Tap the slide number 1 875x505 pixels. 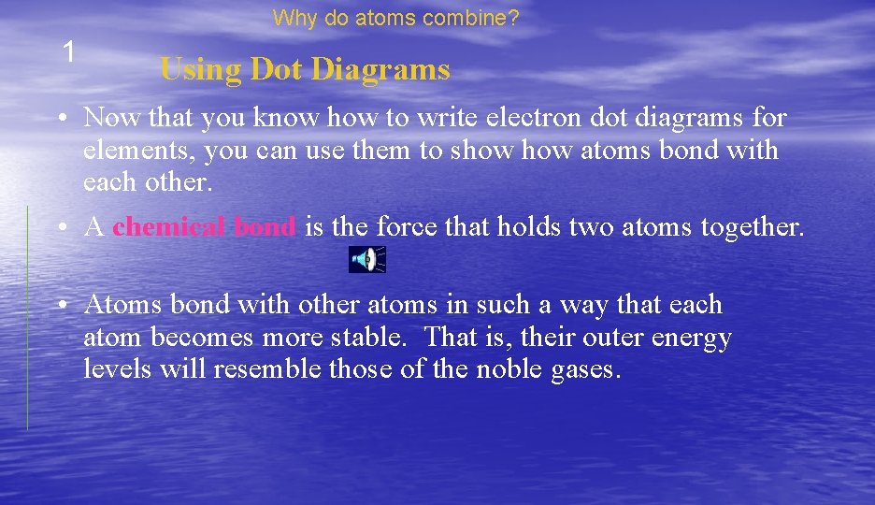pos(67,52)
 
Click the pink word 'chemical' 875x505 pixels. pos(171,227)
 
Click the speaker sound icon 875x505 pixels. pos(367,259)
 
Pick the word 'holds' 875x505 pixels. pos(528,227)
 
